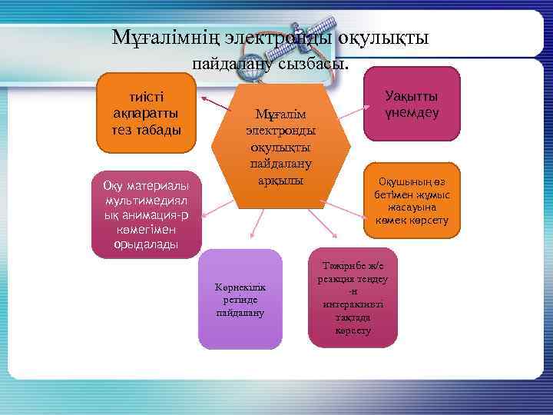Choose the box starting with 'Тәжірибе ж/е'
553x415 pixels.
[353, 297]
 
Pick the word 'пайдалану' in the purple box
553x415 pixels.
[240, 313]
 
